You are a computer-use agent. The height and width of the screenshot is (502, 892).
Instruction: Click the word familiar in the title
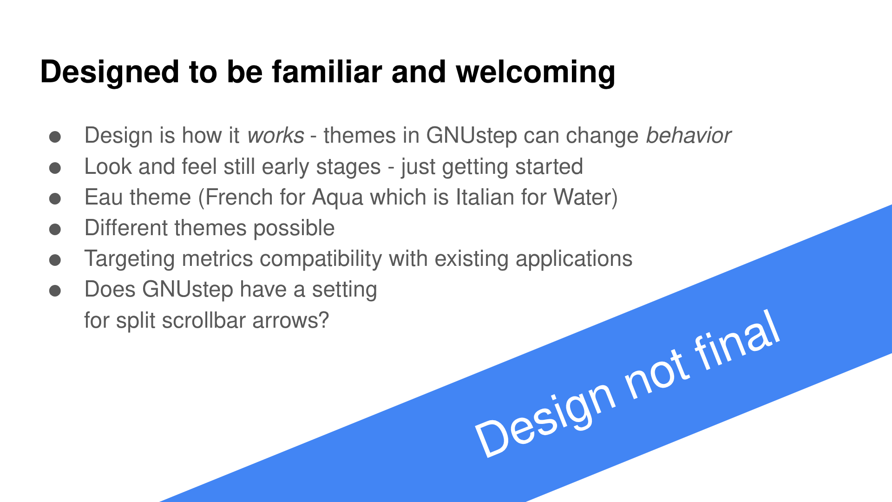coord(327,72)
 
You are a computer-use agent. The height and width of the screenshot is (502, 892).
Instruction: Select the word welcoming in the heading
coord(536,73)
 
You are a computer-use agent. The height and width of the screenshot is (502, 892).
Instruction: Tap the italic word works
coord(276,136)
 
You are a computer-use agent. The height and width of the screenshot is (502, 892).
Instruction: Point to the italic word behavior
coord(689,135)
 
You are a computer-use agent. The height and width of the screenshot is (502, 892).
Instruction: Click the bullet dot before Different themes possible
coord(55,229)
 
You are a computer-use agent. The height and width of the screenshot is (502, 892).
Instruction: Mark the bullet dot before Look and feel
coord(55,168)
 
